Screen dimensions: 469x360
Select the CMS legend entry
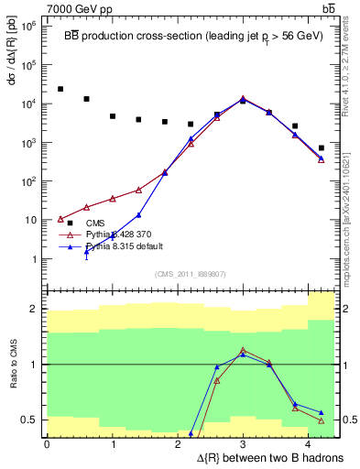pos(94,223)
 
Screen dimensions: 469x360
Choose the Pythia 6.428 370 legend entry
pos(117,234)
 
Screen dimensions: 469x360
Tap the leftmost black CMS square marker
pos(60,89)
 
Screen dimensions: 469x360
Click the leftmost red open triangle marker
pos(60,219)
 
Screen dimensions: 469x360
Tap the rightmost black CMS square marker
pos(321,147)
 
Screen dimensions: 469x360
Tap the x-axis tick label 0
pos(47,443)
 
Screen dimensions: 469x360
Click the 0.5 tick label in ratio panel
pos(28,420)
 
